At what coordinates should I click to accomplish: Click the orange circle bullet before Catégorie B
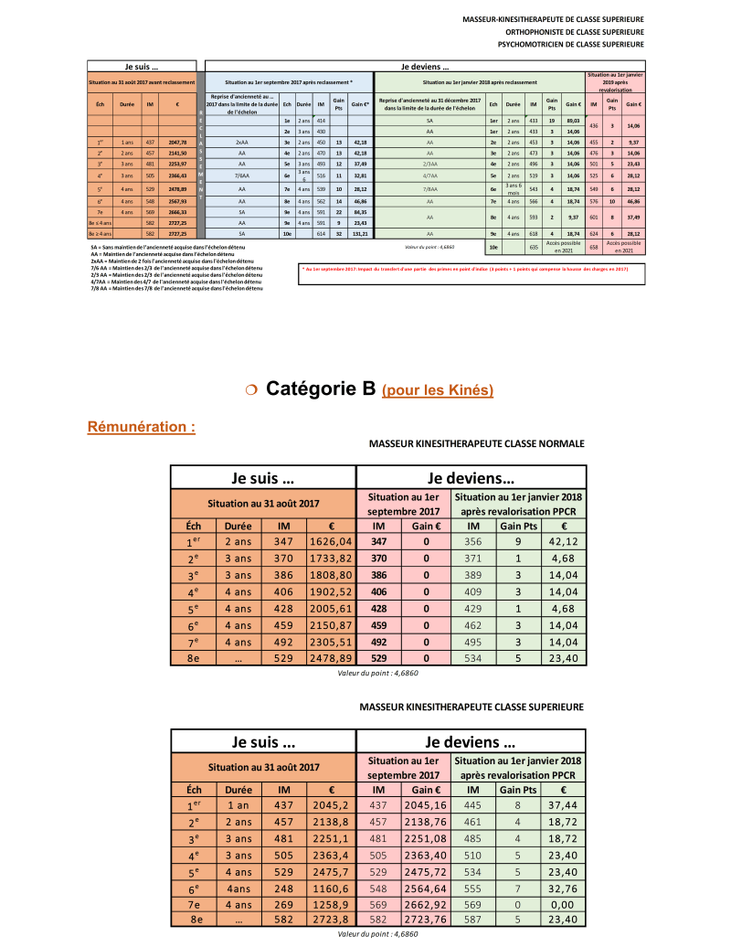point(251,390)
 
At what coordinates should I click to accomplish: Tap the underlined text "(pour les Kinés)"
point(438,390)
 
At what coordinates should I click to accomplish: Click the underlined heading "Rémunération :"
point(141,427)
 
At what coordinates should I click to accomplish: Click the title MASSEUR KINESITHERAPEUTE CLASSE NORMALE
point(476,443)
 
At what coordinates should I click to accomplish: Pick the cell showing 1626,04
point(331,541)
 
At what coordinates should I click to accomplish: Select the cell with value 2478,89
point(331,657)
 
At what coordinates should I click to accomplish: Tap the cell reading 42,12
point(565,541)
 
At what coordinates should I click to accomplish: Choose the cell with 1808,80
point(331,574)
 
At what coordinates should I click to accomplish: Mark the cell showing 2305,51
point(331,641)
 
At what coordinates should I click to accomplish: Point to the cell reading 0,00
point(565,904)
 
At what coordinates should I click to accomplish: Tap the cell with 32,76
point(565,888)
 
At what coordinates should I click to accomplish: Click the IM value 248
point(284,888)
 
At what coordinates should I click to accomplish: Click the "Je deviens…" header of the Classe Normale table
point(471,477)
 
